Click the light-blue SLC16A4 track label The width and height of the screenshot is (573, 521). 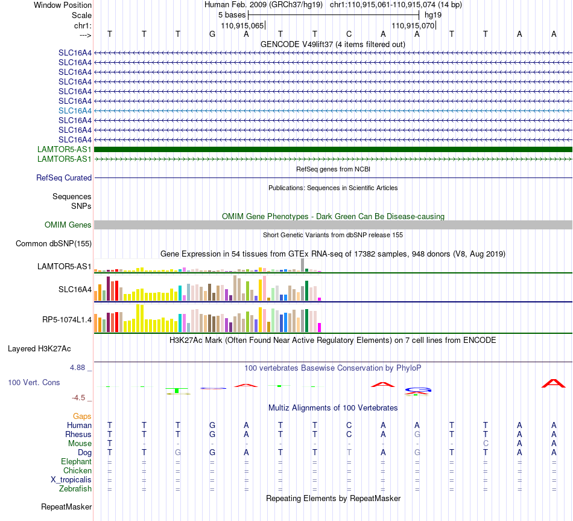tap(75, 110)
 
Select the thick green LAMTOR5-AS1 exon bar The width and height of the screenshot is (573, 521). tap(333, 149)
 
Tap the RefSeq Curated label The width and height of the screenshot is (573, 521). tap(64, 178)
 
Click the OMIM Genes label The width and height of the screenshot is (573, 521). tap(68, 225)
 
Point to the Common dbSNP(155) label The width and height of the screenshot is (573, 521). tap(54, 244)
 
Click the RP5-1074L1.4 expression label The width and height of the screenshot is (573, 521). tap(67, 320)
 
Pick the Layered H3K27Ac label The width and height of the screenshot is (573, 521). tap(39, 349)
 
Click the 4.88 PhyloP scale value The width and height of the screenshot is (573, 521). tap(77, 367)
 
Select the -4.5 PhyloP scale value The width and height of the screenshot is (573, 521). tap(78, 398)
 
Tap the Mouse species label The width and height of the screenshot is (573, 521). tap(80, 444)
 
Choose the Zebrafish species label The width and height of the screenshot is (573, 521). tap(75, 489)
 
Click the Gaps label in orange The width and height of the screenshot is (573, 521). tap(82, 417)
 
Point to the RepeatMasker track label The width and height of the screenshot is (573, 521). tap(66, 507)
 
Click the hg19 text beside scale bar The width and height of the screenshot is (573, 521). tap(433, 15)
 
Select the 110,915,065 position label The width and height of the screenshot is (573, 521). tap(242, 25)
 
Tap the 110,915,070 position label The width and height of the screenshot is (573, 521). tap(413, 25)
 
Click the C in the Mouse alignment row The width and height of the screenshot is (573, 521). tap(486, 444)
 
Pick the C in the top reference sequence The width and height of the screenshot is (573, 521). tap(349, 34)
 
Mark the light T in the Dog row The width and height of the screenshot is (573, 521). tap(349, 453)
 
